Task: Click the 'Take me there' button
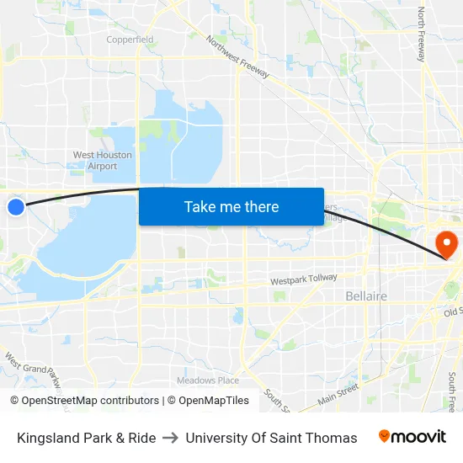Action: pyautogui.click(x=231, y=206)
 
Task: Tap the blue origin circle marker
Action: pyautogui.click(x=16, y=206)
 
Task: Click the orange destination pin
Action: pyautogui.click(x=444, y=245)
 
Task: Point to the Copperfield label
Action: pyautogui.click(x=130, y=40)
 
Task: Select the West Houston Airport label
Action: pyautogui.click(x=103, y=160)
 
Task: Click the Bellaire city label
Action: pyautogui.click(x=366, y=296)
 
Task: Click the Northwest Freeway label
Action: pyautogui.click(x=237, y=57)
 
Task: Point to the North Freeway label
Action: pyautogui.click(x=422, y=35)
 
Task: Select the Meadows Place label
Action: pyautogui.click(x=208, y=381)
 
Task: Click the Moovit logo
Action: pyautogui.click(x=412, y=436)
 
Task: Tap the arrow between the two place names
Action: pyautogui.click(x=170, y=438)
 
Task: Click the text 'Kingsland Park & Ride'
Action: pyautogui.click(x=86, y=438)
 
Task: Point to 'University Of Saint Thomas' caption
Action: pyautogui.click(x=271, y=438)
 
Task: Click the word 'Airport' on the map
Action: pyautogui.click(x=103, y=166)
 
